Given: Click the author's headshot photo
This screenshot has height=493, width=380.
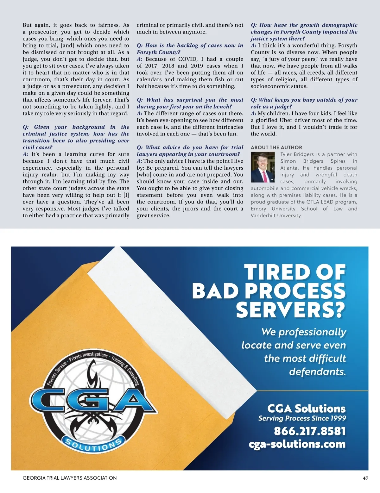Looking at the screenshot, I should point(263,167).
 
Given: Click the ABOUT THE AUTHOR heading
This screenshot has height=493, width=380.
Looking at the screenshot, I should point(276,147).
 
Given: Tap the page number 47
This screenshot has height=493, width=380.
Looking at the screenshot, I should point(365,478).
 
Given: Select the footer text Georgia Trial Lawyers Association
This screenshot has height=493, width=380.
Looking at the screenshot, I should point(70,478).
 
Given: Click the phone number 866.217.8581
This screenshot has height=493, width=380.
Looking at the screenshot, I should point(309,431).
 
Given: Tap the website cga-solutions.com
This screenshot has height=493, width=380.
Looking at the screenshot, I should point(297,444).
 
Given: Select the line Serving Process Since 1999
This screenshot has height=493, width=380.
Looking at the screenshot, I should point(302,418).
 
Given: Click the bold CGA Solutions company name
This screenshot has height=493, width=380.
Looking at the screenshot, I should point(306,408).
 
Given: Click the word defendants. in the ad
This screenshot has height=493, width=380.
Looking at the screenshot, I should point(317,371).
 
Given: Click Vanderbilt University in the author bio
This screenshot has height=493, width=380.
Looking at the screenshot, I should point(276,215).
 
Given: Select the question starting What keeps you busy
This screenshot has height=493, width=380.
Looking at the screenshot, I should point(304,103).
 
